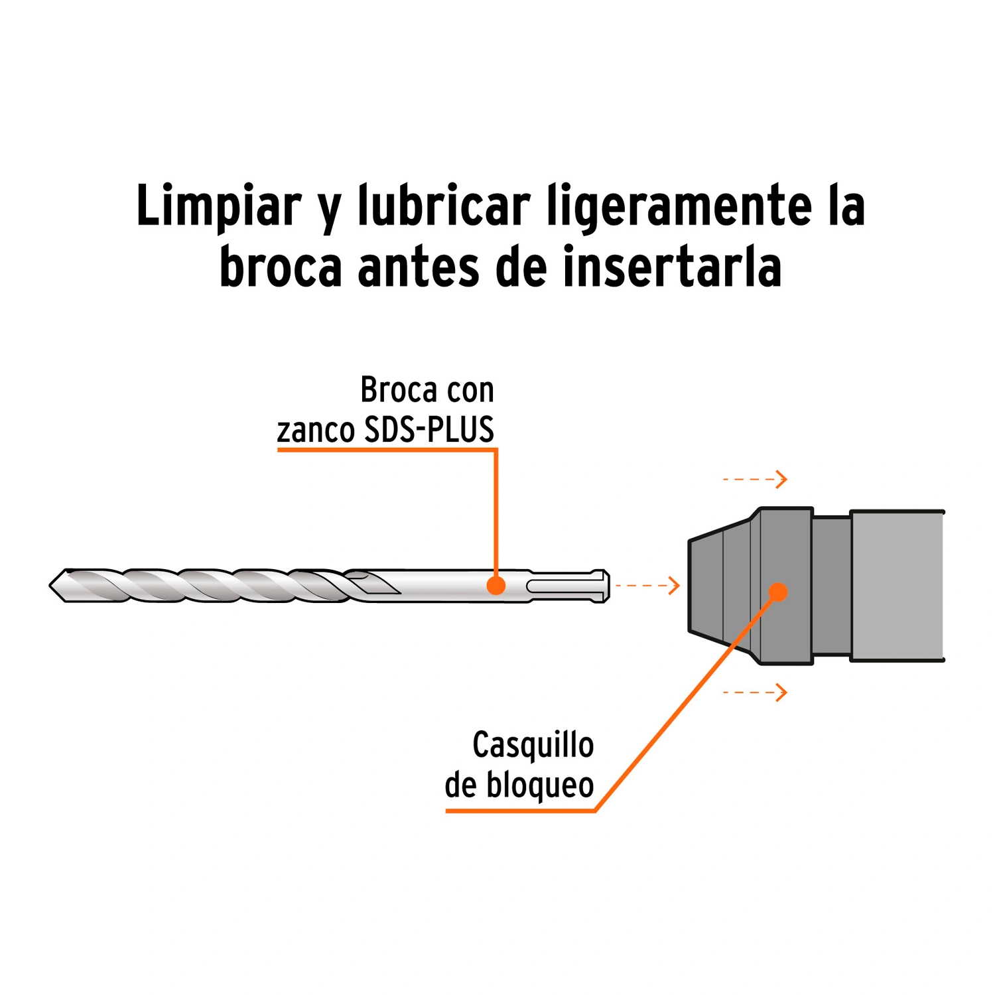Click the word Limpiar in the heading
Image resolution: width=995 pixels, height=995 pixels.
(x=219, y=206)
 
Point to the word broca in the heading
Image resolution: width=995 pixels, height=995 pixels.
(x=281, y=267)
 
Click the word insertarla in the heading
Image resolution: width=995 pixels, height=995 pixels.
(x=672, y=266)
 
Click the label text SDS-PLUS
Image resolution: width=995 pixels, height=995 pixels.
(x=429, y=430)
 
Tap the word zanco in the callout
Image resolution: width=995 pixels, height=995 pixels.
(x=316, y=432)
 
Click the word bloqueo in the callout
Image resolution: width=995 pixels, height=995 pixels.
(x=540, y=786)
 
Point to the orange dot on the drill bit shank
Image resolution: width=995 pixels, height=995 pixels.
(x=496, y=586)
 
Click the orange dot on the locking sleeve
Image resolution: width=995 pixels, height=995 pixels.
(x=778, y=592)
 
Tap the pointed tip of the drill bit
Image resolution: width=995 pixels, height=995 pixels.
(x=50, y=586)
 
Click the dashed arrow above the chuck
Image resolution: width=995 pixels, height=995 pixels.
(x=755, y=479)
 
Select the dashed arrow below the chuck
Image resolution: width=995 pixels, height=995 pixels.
(x=755, y=693)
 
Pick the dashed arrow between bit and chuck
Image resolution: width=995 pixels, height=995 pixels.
(x=647, y=585)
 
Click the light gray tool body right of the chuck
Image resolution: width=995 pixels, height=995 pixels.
(x=897, y=586)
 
